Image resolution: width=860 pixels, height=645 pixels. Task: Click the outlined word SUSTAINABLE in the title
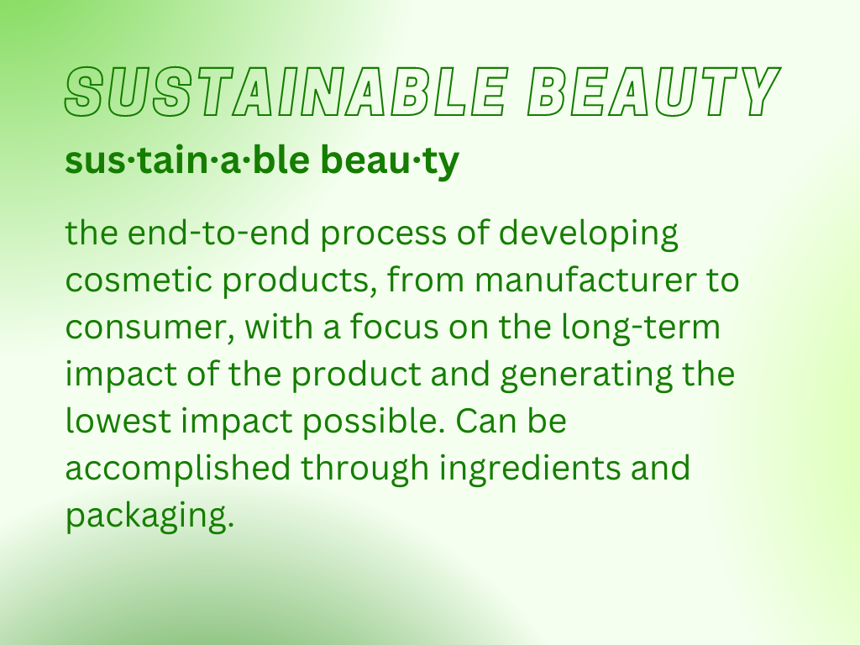[x=286, y=92]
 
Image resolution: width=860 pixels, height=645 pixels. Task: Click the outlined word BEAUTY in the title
[x=653, y=92]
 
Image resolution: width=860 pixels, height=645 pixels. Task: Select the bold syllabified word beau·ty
[x=390, y=160]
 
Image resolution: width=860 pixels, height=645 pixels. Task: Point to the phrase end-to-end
[x=219, y=233]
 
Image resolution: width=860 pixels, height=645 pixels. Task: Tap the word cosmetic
[x=139, y=281]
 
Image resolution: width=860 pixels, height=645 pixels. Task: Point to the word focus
[x=395, y=327]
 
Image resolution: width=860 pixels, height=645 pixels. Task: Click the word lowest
[x=118, y=421]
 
